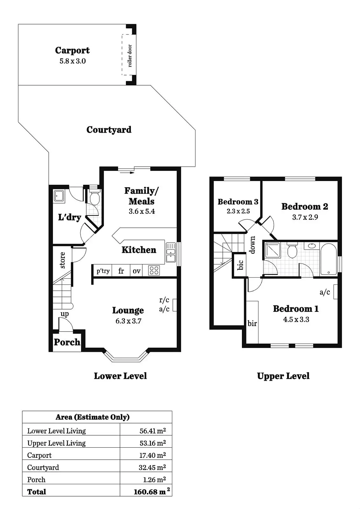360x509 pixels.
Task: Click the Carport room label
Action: [72, 50]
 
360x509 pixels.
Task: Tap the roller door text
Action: [130, 56]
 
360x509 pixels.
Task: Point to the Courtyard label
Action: [109, 130]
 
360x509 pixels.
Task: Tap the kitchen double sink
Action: [171, 252]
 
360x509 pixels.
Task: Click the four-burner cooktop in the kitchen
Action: [154, 271]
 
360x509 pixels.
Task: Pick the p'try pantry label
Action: [103, 271]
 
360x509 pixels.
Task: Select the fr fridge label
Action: [121, 271]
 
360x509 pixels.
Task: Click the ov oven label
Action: [137, 271]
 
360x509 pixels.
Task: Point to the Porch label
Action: [67, 342]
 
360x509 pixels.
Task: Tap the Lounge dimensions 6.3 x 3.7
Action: [129, 321]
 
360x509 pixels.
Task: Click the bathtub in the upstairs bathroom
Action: [328, 259]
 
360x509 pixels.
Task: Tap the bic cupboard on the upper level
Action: [240, 265]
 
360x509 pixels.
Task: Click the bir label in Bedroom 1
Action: [252, 323]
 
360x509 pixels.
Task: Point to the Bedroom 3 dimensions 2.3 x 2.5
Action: [238, 211]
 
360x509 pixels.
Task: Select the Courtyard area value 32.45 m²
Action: [152, 467]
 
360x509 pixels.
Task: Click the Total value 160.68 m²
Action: [152, 492]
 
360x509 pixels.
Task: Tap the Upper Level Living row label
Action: [56, 443]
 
